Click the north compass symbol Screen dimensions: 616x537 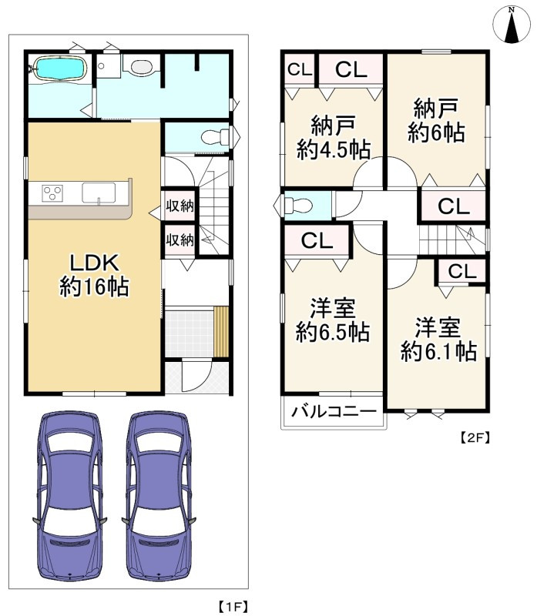[x=512, y=24]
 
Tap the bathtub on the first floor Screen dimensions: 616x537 [x=59, y=70]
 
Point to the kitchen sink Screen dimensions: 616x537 [x=98, y=192]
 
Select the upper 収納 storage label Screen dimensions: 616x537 [x=180, y=206]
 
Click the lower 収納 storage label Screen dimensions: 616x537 [x=180, y=239]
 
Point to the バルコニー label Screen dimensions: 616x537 [x=334, y=411]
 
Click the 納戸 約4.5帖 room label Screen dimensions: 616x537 [x=333, y=136]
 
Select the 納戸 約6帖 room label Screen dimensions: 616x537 [x=436, y=119]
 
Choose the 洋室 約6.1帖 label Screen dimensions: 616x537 [x=437, y=339]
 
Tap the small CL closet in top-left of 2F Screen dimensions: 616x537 [x=300, y=70]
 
